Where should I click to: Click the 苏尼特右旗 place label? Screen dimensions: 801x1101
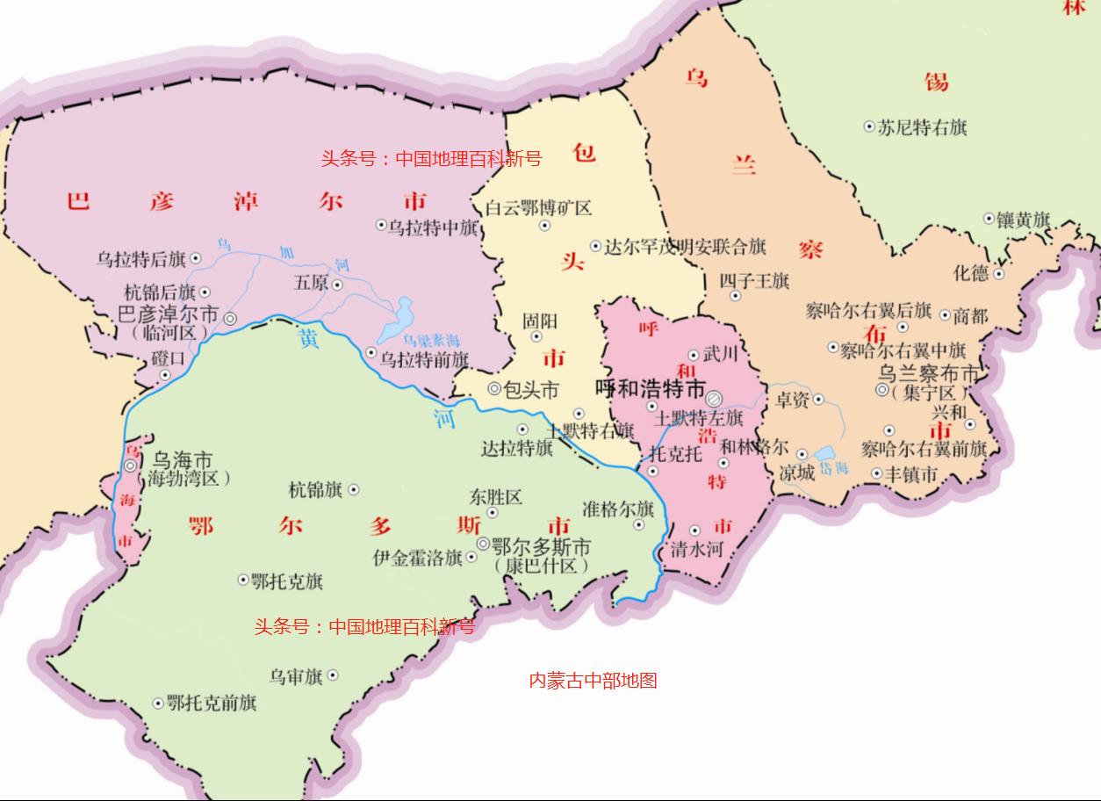(922, 127)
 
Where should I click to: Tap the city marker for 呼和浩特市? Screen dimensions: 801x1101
(714, 398)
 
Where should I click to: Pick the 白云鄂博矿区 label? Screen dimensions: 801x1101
(539, 208)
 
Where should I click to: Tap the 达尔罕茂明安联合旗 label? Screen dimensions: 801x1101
(685, 247)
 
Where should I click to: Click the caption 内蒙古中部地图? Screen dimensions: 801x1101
(593, 680)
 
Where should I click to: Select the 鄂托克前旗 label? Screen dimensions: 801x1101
(211, 704)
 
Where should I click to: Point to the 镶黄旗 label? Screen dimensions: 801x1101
(1023, 220)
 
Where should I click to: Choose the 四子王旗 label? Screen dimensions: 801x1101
(754, 281)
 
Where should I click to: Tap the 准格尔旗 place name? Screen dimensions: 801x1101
(618, 509)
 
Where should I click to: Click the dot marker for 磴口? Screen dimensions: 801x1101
(164, 376)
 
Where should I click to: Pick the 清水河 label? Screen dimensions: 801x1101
(696, 550)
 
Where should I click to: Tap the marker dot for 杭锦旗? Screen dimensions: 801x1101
(354, 490)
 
